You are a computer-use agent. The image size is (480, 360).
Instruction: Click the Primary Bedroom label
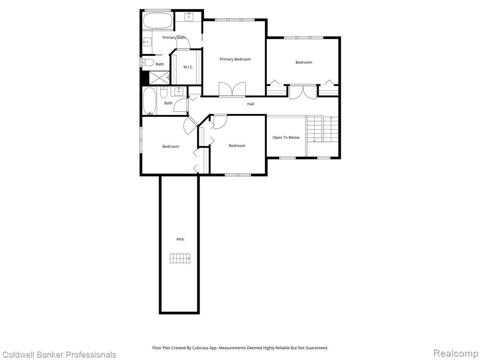[235, 60]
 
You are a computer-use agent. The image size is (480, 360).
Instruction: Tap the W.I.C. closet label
[188, 67]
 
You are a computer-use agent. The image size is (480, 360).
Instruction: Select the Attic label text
[180, 239]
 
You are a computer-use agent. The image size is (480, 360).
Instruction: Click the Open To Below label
[286, 137]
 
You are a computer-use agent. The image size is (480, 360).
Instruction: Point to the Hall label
[251, 104]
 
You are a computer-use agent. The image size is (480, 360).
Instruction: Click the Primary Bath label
[174, 37]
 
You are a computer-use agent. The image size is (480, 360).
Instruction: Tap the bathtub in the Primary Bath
[158, 21]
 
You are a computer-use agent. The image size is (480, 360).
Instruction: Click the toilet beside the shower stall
[147, 63]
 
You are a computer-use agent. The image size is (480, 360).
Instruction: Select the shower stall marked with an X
[158, 77]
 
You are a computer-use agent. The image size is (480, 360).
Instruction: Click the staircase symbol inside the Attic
[180, 258]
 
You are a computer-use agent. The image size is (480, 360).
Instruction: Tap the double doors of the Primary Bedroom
[232, 90]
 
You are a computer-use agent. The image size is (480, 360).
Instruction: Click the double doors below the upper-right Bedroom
[303, 92]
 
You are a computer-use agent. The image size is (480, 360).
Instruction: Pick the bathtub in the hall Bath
[150, 101]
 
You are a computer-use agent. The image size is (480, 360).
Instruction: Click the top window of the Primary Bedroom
[234, 20]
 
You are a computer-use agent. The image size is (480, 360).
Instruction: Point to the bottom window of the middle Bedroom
[238, 175]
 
